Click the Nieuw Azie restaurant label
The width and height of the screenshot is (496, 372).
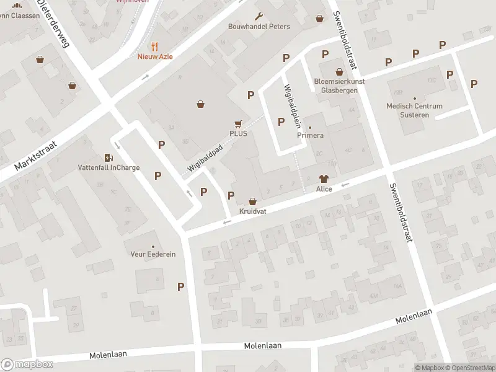click(x=155, y=56)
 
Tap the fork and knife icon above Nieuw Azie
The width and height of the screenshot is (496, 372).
click(x=155, y=46)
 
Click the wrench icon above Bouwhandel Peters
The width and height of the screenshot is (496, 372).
click(x=259, y=17)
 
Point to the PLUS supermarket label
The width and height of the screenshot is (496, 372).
click(x=238, y=133)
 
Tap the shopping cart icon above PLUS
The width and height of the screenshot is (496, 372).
click(x=238, y=123)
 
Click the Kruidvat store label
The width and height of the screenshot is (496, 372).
click(x=252, y=211)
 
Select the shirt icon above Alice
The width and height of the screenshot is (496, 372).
click(x=324, y=178)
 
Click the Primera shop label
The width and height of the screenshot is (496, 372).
click(x=311, y=135)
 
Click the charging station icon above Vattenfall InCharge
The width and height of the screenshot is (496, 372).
click(x=109, y=157)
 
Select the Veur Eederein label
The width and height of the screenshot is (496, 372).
click(x=153, y=254)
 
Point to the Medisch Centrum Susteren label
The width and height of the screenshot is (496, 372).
click(x=414, y=110)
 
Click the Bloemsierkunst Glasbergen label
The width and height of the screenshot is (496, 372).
click(x=339, y=85)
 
